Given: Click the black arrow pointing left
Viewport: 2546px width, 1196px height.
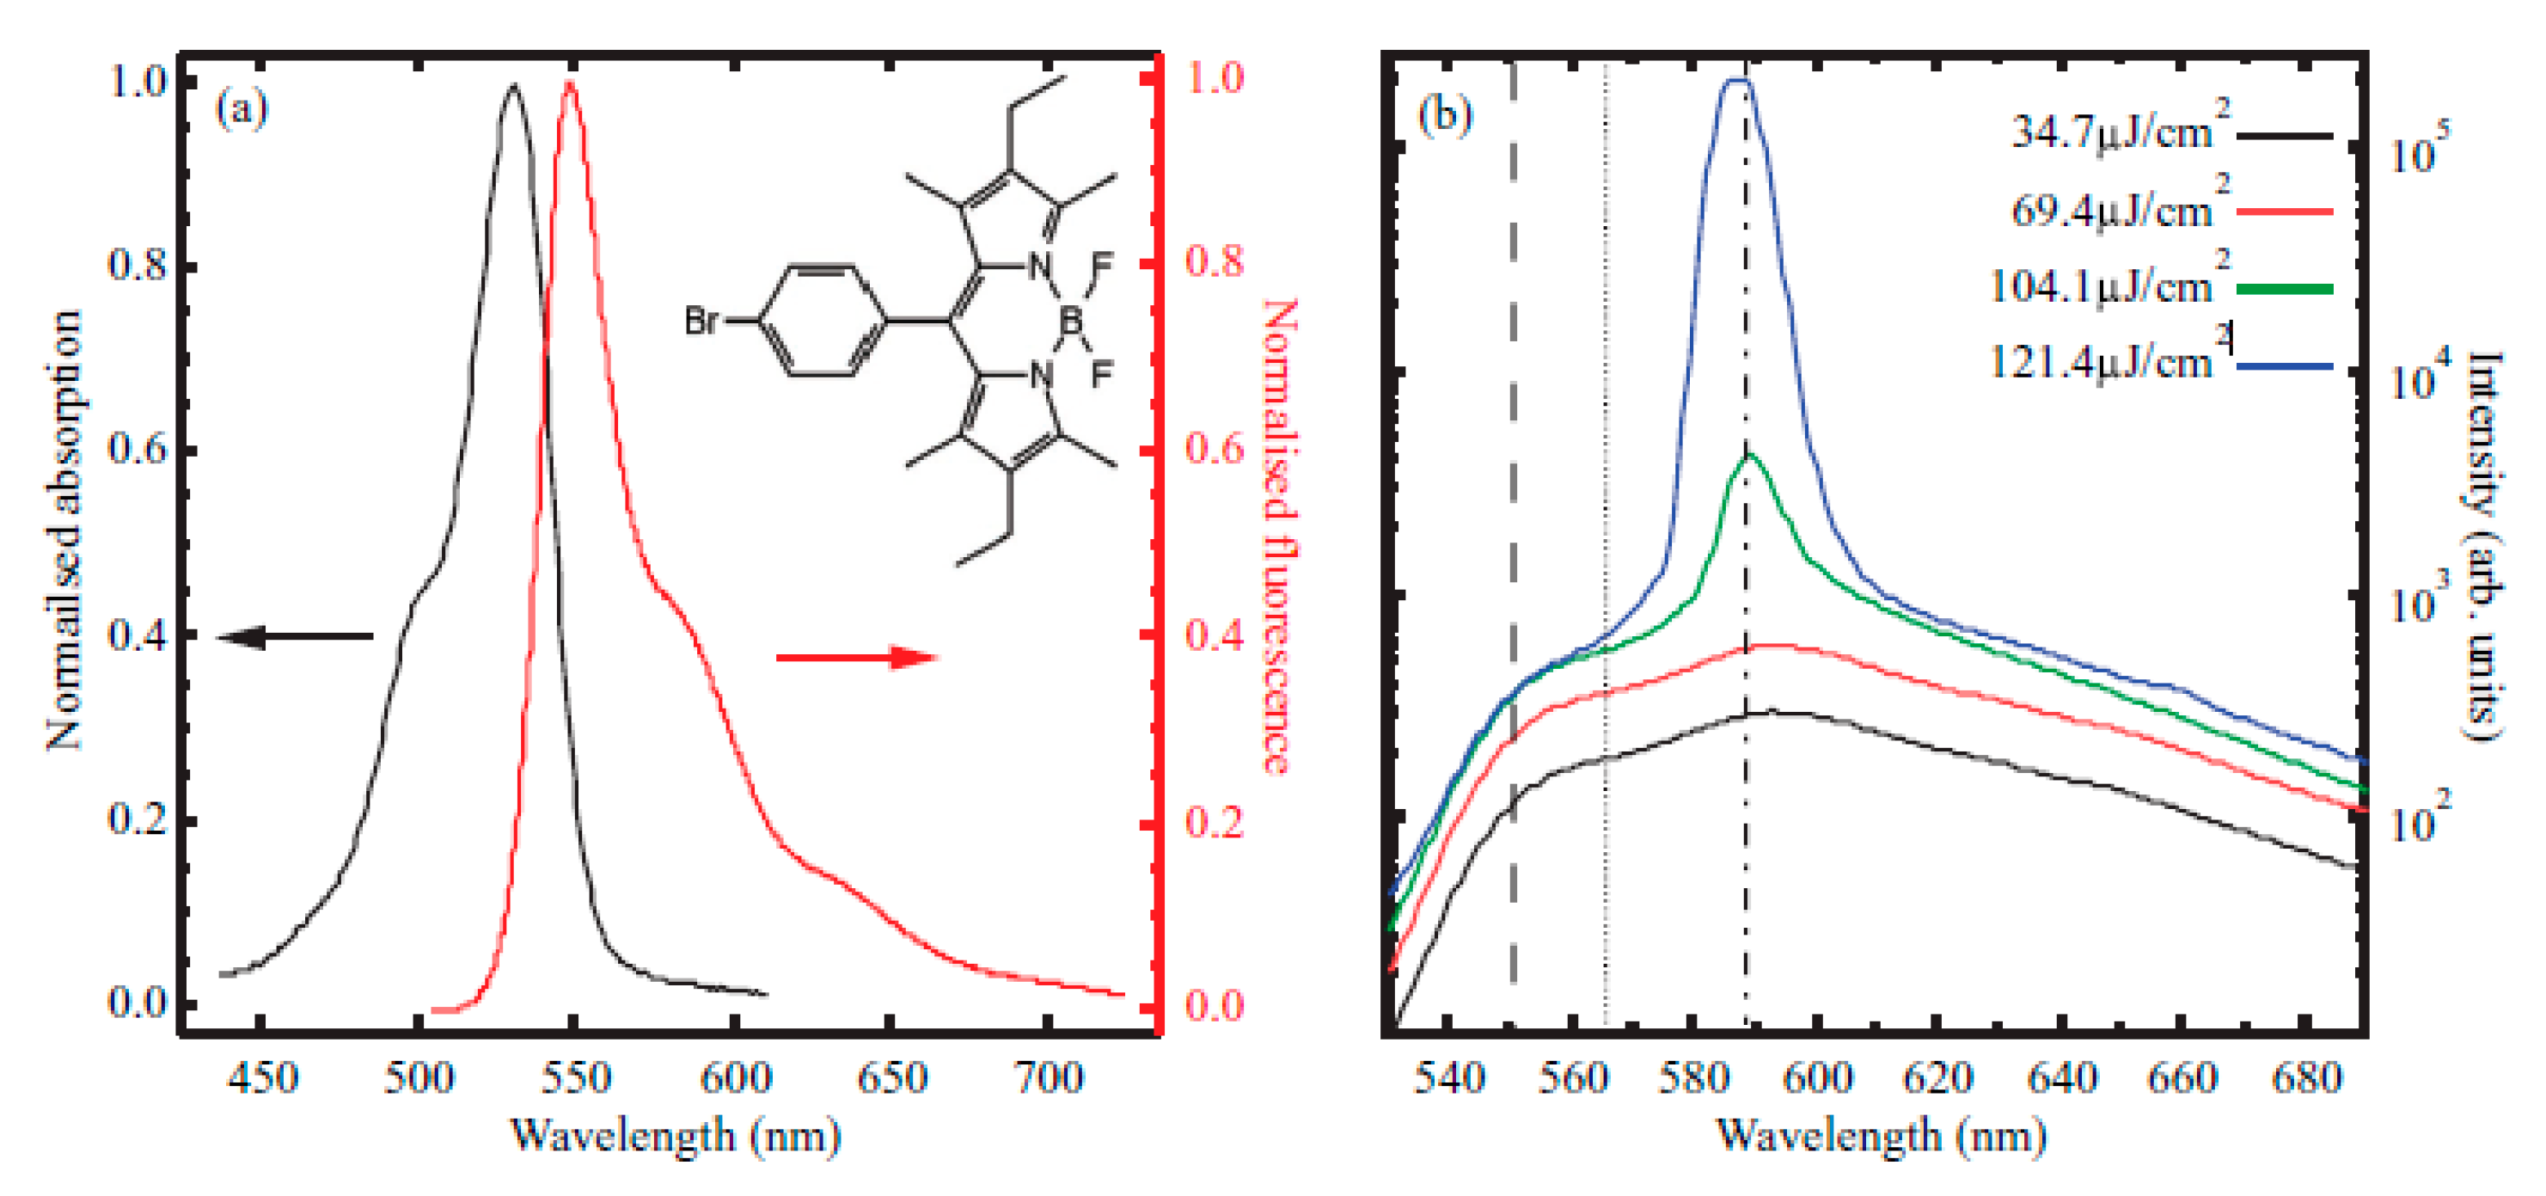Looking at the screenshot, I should pyautogui.click(x=295, y=636).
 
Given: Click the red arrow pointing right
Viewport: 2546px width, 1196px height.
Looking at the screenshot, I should pyautogui.click(x=856, y=657).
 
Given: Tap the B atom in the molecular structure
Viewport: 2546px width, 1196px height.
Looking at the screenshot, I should pyautogui.click(x=1070, y=320).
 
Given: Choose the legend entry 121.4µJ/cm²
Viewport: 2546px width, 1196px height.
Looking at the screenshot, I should pyautogui.click(x=2099, y=363).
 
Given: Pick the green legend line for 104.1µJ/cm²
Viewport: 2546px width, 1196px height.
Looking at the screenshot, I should pyautogui.click(x=2284, y=289).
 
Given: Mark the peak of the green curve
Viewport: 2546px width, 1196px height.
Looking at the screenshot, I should pyautogui.click(x=1749, y=455).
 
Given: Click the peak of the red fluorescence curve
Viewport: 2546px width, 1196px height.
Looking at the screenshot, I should pyautogui.click(x=569, y=83).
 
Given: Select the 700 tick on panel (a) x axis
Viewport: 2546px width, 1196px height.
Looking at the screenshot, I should pyautogui.click(x=1050, y=1076).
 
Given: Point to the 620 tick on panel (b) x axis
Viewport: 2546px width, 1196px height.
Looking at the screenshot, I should pyautogui.click(x=1938, y=1076).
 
